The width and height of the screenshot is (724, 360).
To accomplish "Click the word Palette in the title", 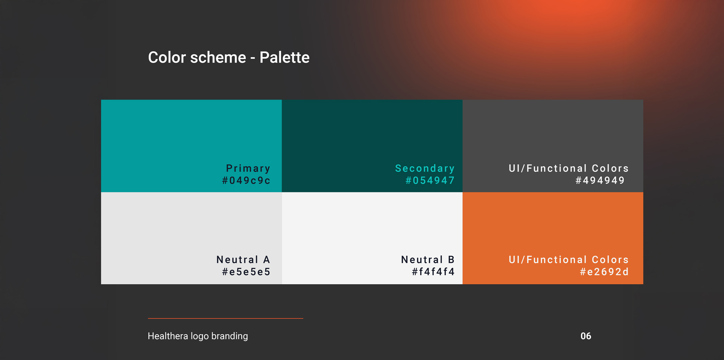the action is [284, 57].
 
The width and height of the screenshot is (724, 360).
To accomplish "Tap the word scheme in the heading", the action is [218, 57].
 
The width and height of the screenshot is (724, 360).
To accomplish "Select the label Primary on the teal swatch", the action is [248, 169].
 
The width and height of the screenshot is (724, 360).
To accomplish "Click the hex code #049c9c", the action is [246, 181].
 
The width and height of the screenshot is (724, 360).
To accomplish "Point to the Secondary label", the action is [425, 169].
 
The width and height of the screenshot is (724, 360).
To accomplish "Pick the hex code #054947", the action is [430, 181].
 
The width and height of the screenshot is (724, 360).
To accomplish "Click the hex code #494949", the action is [600, 181].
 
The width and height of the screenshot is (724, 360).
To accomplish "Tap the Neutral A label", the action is [243, 260].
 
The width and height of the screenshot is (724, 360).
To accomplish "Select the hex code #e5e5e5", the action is [246, 272].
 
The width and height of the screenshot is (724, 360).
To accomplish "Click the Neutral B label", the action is [428, 260].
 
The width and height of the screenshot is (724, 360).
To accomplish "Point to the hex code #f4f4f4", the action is [433, 272].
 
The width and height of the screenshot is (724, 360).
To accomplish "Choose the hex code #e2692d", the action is [604, 272].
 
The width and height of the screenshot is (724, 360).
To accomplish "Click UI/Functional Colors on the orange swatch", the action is [569, 260].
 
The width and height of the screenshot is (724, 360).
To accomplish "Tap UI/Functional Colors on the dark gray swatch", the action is [569, 169].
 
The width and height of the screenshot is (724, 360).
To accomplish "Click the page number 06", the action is [586, 336].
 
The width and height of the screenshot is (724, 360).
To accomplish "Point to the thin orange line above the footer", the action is [225, 319].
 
